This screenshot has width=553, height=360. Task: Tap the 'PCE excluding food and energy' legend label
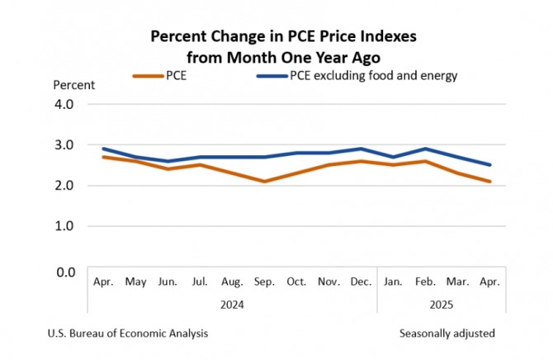[x=372, y=76]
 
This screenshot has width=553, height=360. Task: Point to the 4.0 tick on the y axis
[x=64, y=105]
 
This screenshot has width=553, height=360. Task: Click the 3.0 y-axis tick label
[x=64, y=145]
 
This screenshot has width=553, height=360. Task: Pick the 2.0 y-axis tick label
[x=64, y=186]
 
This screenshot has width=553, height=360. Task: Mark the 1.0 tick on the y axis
[x=64, y=225]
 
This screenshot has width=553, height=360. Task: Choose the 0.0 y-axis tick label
[x=64, y=271]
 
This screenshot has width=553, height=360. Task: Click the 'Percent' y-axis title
[x=73, y=84]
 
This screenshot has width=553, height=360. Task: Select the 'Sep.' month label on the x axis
[x=264, y=282]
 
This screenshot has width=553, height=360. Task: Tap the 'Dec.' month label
[x=360, y=282]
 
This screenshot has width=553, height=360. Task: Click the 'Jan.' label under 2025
[x=393, y=282]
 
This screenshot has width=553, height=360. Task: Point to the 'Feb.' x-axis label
[x=425, y=282]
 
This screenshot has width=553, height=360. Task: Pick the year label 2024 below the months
[x=232, y=303]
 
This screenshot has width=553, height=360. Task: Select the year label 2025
[x=441, y=303]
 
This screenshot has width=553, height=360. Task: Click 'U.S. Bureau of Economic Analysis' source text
[x=128, y=334]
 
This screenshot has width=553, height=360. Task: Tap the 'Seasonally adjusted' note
[x=447, y=334]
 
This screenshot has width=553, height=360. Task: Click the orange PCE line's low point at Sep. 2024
[x=264, y=181]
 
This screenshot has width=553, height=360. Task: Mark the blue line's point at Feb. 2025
[x=425, y=149]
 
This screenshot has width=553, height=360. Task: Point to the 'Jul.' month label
[x=201, y=282]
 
